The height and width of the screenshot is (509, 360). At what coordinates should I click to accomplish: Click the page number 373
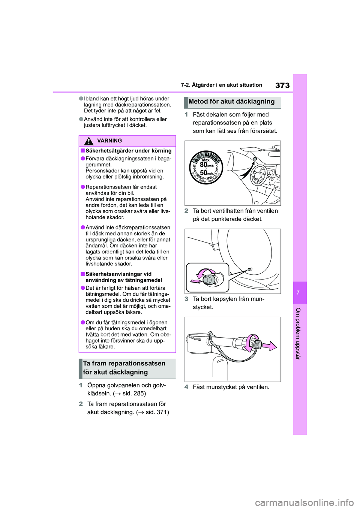(282, 85)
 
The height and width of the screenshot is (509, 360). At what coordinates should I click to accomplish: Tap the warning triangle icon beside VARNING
(89, 141)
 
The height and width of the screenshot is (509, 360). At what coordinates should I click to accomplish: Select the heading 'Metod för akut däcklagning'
(231, 102)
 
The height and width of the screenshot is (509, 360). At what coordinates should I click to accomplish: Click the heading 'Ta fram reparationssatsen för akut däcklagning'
(124, 368)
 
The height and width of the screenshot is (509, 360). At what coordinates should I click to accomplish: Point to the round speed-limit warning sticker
(206, 168)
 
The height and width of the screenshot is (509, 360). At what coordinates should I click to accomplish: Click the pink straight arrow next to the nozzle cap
(269, 346)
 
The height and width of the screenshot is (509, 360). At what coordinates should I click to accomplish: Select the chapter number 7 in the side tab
(298, 292)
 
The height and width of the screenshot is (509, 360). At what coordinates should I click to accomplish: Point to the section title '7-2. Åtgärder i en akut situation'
(221, 85)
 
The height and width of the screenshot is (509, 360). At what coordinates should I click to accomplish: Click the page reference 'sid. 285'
(134, 394)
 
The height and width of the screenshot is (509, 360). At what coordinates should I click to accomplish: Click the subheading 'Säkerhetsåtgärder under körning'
(128, 151)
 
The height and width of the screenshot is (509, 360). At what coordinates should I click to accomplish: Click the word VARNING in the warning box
(109, 141)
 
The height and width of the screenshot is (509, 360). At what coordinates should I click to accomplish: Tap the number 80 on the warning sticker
(204, 165)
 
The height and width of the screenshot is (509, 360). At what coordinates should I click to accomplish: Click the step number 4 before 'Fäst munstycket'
(186, 387)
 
